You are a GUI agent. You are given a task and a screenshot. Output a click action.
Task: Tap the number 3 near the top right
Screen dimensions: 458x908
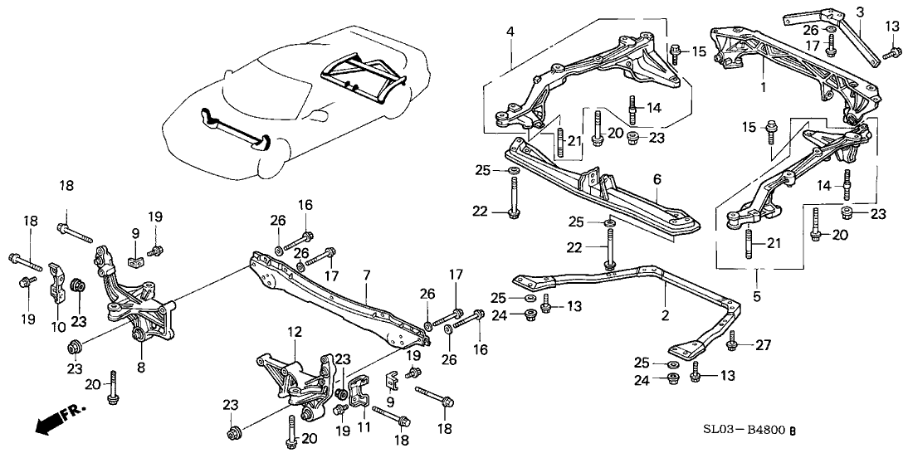tap(860, 12)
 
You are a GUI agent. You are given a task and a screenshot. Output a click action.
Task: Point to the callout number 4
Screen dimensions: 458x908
tap(511, 32)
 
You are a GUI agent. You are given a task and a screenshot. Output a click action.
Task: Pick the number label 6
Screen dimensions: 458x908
tap(656, 178)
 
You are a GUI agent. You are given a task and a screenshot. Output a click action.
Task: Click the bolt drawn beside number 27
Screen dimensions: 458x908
tap(733, 340)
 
